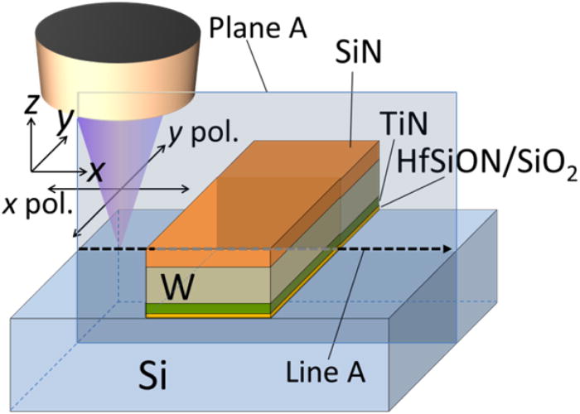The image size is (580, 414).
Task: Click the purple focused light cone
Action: [116, 166]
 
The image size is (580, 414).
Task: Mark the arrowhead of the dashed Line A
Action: [448, 248]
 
